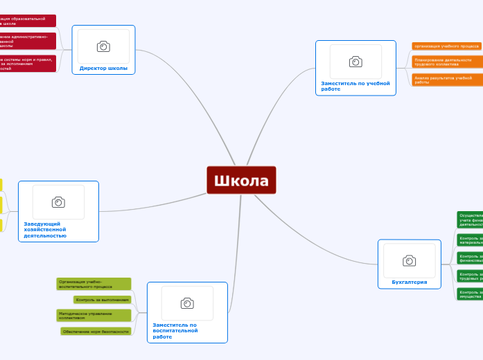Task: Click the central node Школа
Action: [241, 180]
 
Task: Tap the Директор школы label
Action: [103, 68]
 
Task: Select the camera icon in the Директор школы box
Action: [103, 46]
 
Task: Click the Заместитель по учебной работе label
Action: [355, 86]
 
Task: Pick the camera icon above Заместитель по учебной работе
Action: [355, 62]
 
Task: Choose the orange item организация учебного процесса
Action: [447, 46]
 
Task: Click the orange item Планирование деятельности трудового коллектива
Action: [447, 62]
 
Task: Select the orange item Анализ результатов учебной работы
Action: [447, 80]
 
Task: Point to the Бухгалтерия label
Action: [409, 282]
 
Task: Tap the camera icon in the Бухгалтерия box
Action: [410, 260]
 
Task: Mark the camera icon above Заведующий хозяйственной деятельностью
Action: [58, 202]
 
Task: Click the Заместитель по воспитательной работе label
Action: [175, 330]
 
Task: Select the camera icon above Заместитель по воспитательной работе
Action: [187, 303]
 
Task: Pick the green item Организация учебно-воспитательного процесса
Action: [94, 284]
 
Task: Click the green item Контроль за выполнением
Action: [102, 300]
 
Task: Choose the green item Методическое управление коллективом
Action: [94, 316]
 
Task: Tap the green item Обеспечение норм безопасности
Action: [96, 332]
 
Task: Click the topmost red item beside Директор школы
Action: [28, 21]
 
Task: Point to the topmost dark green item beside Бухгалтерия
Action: [470, 219]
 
